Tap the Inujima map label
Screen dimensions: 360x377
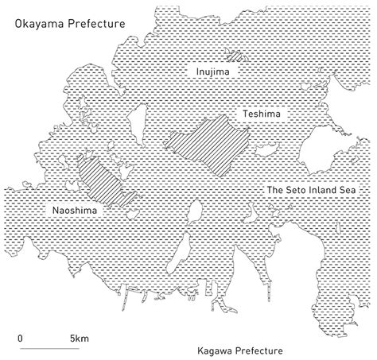(x=210, y=71)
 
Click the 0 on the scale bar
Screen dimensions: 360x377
(x=20, y=337)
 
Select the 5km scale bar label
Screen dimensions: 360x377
(x=80, y=337)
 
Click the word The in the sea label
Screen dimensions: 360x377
(x=275, y=191)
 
